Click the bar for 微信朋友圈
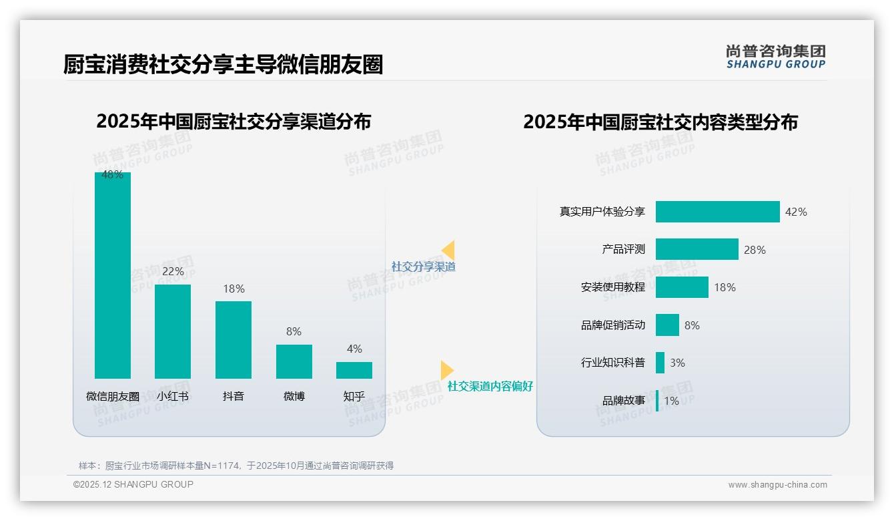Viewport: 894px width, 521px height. (112, 275)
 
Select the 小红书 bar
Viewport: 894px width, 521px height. (173, 331)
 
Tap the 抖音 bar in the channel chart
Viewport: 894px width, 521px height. (234, 339)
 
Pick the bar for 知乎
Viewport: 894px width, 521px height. (354, 370)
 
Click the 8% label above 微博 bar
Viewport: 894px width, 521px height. (294, 331)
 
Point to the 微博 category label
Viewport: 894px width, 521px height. (294, 396)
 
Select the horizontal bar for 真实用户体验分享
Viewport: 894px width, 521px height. (717, 212)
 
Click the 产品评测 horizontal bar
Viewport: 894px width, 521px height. (697, 249)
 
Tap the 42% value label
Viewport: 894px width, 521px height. (796, 212)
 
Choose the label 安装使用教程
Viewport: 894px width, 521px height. (612, 287)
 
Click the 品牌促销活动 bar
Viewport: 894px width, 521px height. (667, 325)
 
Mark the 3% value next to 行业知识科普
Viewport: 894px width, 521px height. (677, 363)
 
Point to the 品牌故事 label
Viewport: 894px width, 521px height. (623, 401)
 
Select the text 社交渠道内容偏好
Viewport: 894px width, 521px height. (490, 386)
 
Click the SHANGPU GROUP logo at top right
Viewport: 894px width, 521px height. (775, 57)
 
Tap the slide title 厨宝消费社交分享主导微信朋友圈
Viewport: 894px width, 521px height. (223, 65)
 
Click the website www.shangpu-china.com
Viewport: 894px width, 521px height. (777, 485)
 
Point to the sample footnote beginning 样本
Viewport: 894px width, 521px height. (236, 466)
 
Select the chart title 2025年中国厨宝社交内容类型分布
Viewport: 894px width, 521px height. (660, 122)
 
